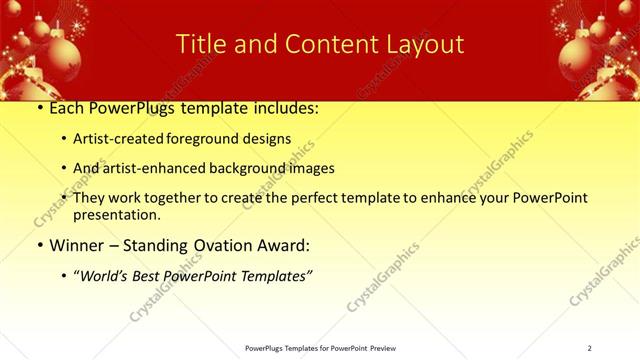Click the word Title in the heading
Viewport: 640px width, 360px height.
pos(198,44)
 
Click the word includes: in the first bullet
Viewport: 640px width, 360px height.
pos(282,108)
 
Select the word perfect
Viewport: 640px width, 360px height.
pos(305,198)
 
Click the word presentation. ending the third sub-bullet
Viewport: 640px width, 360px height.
pos(117,214)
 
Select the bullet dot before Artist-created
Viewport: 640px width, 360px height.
pos(64,140)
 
